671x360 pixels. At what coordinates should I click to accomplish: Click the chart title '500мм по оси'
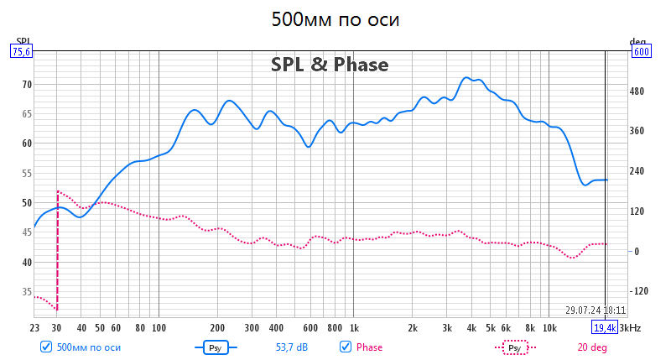(335, 19)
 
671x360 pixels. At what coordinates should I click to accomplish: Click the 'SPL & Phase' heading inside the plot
(329, 64)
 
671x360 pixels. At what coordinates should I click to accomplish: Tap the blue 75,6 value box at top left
(20, 51)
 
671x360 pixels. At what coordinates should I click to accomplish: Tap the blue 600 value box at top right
(642, 51)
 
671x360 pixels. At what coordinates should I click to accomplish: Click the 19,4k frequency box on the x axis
(605, 327)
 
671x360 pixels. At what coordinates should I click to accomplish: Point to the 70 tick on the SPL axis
(26, 84)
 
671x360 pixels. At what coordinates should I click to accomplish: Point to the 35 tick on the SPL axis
(26, 292)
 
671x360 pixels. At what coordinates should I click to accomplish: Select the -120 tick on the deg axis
(642, 291)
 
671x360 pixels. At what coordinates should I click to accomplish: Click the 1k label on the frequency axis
(354, 327)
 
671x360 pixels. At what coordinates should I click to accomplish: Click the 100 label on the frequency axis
(159, 327)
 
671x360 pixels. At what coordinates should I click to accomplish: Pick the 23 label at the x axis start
(34, 327)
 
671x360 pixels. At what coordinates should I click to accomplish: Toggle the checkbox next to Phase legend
(345, 347)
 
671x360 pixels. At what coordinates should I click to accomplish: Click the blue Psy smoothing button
(216, 347)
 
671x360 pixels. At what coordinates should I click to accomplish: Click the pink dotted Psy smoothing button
(515, 347)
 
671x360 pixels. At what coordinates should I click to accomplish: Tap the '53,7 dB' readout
(292, 347)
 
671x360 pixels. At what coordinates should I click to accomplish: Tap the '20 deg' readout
(593, 347)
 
